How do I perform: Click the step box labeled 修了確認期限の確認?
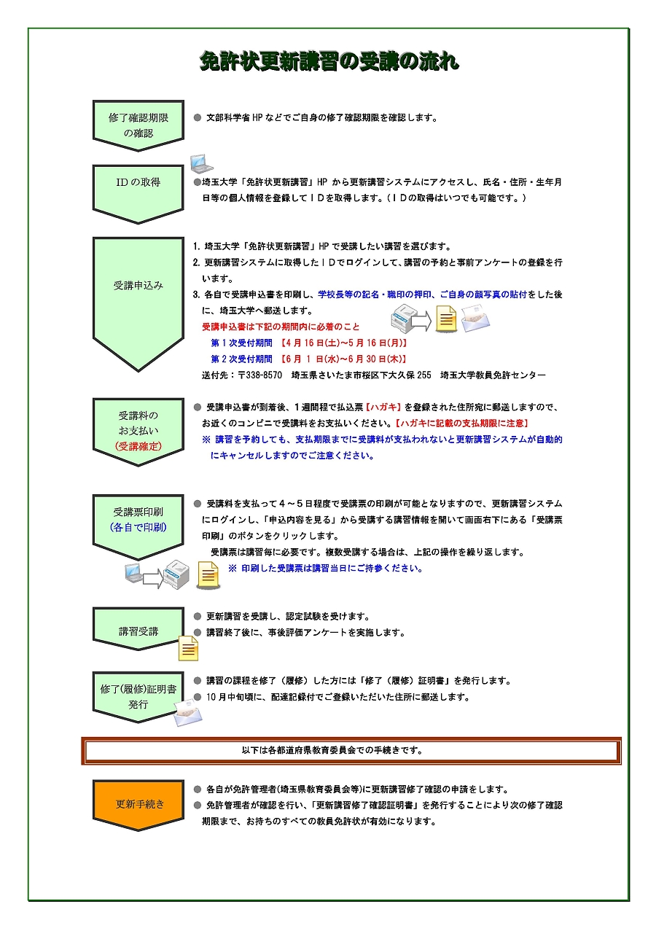[x=138, y=125]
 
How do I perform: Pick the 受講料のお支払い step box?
[x=138, y=430]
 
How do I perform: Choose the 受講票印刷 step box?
[x=138, y=519]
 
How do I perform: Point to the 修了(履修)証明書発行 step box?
[x=138, y=696]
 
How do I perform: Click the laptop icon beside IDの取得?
[x=201, y=163]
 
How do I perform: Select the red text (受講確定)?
[x=138, y=446]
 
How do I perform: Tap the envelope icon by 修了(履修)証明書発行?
[x=188, y=712]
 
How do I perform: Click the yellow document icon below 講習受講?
[x=189, y=648]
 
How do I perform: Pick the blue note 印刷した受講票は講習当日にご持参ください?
[x=325, y=569]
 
